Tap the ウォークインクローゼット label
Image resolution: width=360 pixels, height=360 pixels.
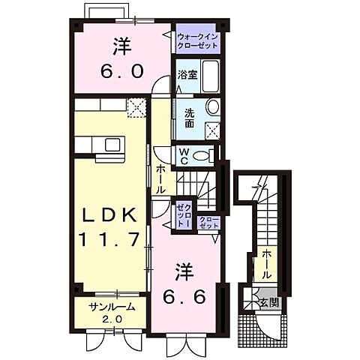click(198, 40)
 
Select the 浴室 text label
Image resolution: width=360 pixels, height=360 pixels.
click(187, 75)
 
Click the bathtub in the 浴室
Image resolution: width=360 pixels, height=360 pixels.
click(210, 76)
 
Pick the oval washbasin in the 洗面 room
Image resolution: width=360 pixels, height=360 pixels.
click(211, 108)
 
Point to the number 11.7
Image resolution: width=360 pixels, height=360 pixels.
click(110, 240)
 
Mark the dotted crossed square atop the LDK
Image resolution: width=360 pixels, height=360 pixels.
click(136, 109)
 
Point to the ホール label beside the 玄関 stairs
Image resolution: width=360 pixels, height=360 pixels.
click(268, 263)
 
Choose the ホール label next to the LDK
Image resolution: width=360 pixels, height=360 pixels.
click(160, 180)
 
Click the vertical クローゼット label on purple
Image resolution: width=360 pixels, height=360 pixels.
click(181, 214)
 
